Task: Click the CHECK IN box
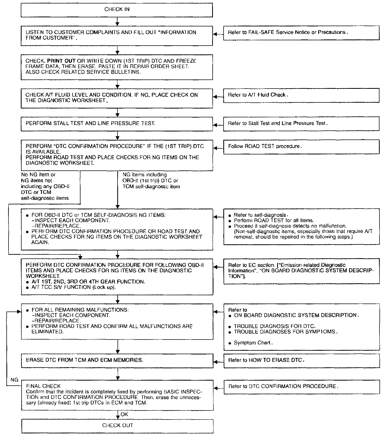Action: (x=117, y=10)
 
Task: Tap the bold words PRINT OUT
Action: (x=61, y=61)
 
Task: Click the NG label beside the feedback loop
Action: (x=14, y=380)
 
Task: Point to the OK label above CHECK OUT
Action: (x=124, y=414)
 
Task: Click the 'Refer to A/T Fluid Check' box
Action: (x=301, y=95)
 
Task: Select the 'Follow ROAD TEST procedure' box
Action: (x=301, y=147)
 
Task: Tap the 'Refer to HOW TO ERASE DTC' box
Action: (x=301, y=360)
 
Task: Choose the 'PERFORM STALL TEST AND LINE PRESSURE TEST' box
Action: (x=117, y=123)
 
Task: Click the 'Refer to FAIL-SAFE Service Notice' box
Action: (x=301, y=33)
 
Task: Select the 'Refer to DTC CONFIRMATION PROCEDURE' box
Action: (x=301, y=386)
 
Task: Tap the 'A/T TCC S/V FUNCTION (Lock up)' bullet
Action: (x=73, y=287)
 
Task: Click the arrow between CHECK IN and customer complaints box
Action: (x=117, y=22)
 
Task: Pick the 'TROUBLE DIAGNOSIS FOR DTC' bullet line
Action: (x=274, y=326)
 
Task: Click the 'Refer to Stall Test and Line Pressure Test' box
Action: (x=301, y=123)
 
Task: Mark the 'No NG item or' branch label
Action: (x=38, y=175)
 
